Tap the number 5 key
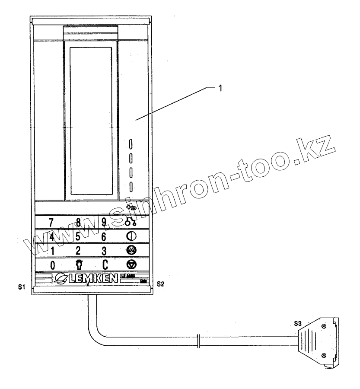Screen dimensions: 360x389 click(78, 236)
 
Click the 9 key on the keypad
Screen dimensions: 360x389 click(104, 223)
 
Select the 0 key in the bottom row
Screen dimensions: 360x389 click(52, 265)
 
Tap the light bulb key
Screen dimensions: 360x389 click(79, 264)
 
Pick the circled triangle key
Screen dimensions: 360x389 click(130, 264)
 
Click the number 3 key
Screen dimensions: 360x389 click(104, 250)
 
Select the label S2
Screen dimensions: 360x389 click(160, 284)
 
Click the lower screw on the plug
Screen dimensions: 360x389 click(324, 355)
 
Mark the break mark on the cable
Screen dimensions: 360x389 click(198, 339)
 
